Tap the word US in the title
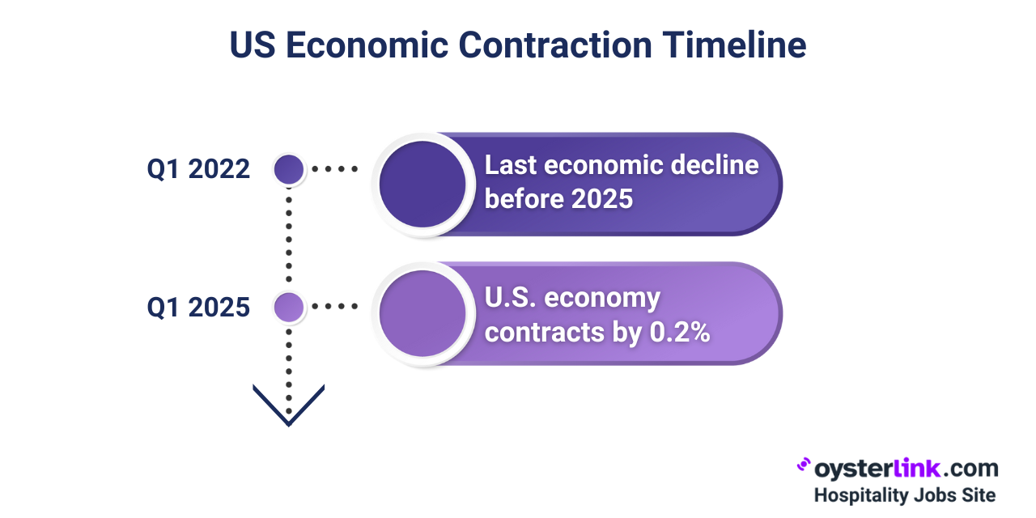(x=253, y=45)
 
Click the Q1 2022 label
(x=198, y=169)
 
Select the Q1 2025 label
(x=198, y=307)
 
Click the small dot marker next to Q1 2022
(x=289, y=169)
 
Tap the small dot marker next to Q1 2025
(x=289, y=307)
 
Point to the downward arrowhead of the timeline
(x=289, y=405)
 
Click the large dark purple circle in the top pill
(x=422, y=184)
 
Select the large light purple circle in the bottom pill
(x=422, y=313)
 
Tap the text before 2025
(x=558, y=198)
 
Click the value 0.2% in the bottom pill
(x=680, y=332)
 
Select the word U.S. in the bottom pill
(x=510, y=298)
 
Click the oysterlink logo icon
(x=804, y=465)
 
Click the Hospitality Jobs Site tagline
(x=904, y=495)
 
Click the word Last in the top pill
(x=510, y=165)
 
